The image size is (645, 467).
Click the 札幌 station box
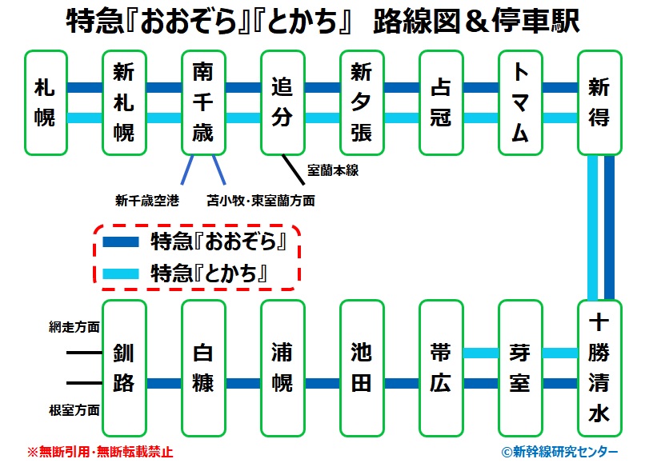tap(46, 102)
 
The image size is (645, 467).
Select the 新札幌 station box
tap(124, 102)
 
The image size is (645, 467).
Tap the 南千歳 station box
tap(203, 102)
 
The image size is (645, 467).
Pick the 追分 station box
tap(282, 102)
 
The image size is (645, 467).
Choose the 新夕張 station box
tap(361, 102)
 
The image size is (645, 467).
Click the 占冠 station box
tap(440, 102)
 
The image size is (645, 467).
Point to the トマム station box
tap(519, 102)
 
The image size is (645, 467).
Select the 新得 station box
tap(599, 102)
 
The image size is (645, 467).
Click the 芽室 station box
tap(519, 368)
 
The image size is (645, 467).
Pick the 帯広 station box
tap(440, 368)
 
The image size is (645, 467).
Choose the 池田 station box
tap(361, 368)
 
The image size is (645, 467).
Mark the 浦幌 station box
tap(282, 368)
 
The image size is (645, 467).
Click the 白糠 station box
tap(203, 368)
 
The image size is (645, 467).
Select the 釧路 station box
tap(124, 368)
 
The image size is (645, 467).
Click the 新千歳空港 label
tap(147, 201)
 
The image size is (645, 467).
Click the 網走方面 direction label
tap(74, 328)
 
